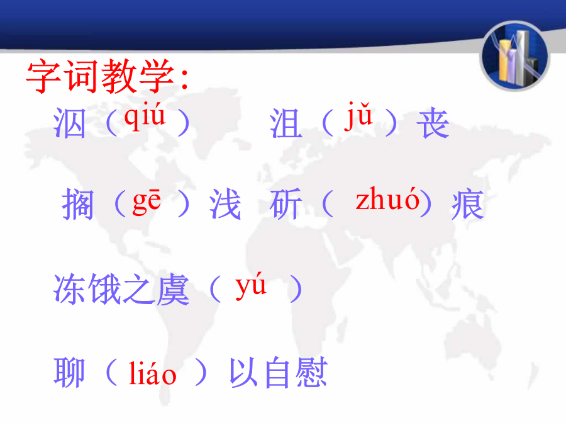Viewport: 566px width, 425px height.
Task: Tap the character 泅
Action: click(70, 123)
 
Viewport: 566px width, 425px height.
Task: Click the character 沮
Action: click(286, 123)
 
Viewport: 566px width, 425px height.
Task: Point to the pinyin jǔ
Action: click(358, 115)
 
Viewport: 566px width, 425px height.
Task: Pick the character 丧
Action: click(433, 123)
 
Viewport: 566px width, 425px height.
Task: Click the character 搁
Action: click(77, 204)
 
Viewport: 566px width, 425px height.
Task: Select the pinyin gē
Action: click(147, 201)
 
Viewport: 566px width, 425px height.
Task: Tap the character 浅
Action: click(225, 204)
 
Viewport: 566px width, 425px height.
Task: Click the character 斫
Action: click(286, 204)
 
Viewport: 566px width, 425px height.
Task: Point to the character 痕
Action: click(468, 204)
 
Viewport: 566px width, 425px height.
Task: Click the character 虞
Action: click(172, 289)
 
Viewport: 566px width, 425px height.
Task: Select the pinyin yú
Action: click(251, 285)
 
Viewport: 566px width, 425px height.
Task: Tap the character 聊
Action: click(69, 372)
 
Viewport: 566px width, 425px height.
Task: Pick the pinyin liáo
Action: click(152, 373)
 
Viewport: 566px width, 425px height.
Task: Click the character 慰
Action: click(311, 372)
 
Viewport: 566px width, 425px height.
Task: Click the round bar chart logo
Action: click(514, 56)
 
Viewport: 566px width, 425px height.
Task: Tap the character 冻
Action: click(70, 289)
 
